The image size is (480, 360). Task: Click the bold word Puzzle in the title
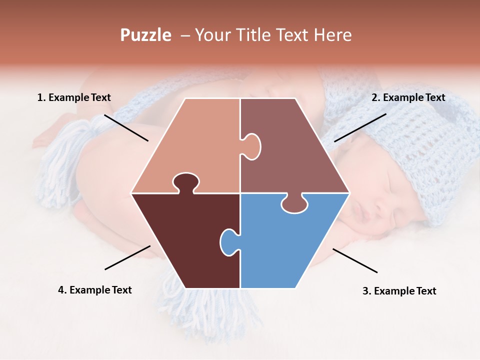coord(145,35)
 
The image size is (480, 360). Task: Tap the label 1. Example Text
coord(74,97)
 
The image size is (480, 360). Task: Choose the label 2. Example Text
coord(408,97)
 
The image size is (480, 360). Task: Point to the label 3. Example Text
coord(399,291)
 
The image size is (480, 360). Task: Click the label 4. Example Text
coord(95,290)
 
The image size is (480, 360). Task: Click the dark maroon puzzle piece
coord(185,240)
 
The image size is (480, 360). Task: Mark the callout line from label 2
coord(360,127)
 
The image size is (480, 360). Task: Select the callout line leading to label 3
coord(355,260)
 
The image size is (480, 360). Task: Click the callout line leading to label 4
coord(127,257)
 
